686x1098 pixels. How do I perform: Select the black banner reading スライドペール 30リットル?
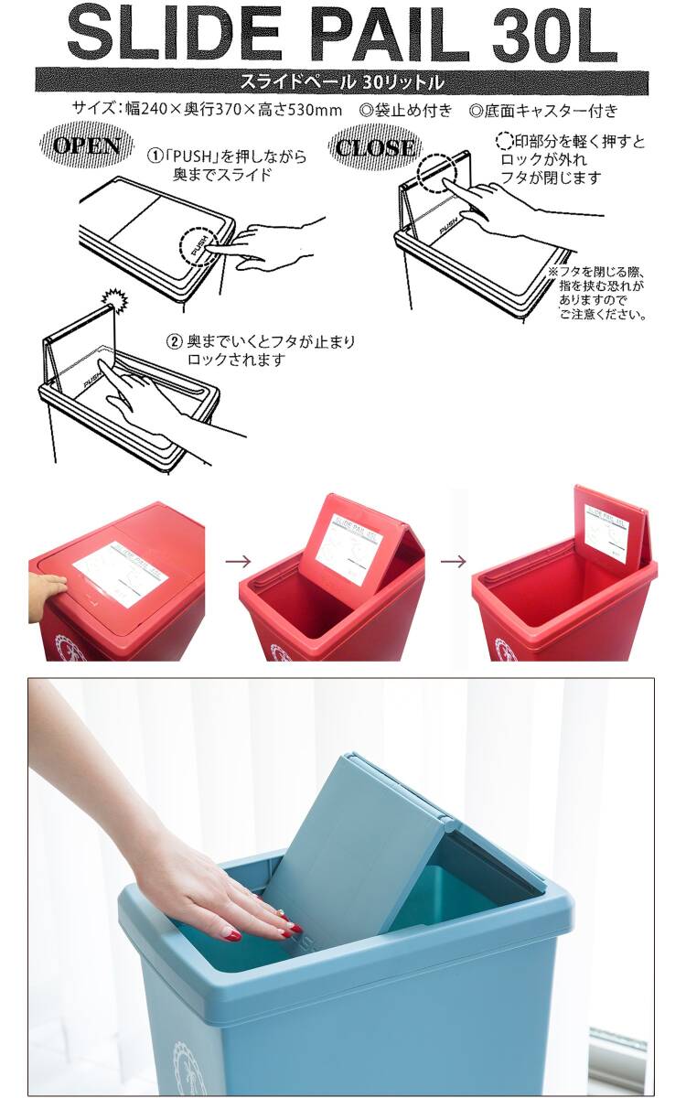pos(342,81)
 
